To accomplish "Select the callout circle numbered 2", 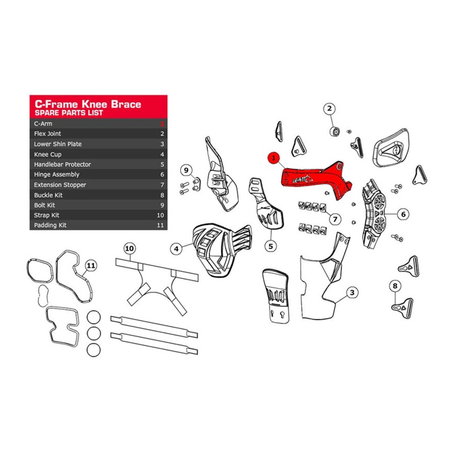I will [x=330, y=108].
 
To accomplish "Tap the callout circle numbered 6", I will [x=403, y=214].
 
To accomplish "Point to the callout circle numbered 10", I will [x=130, y=248].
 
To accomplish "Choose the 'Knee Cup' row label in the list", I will [x=48, y=154].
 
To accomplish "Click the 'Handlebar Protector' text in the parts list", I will [x=62, y=164].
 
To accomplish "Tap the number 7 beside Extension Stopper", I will [x=162, y=185].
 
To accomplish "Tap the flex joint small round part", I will [x=335, y=132].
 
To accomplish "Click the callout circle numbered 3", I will [x=353, y=293].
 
